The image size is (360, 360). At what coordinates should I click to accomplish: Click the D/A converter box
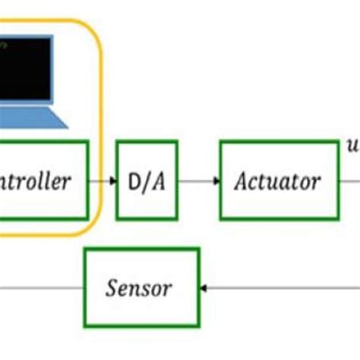[x=147, y=180]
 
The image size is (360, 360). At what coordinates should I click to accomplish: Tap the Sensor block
[x=141, y=287]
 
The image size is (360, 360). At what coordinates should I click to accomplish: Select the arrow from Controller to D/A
[x=103, y=181]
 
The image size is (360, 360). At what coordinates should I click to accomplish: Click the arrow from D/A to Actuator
[x=199, y=181]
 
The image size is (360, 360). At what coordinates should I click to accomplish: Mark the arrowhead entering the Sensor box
[x=203, y=288]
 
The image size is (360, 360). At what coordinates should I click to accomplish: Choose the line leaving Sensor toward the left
[x=42, y=288]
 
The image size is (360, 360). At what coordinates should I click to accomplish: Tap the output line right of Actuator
[x=349, y=181]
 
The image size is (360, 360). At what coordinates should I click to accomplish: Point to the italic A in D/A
[x=159, y=181]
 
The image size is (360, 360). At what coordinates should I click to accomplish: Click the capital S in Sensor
[x=112, y=288]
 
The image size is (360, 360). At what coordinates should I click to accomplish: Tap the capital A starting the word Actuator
[x=242, y=182]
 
